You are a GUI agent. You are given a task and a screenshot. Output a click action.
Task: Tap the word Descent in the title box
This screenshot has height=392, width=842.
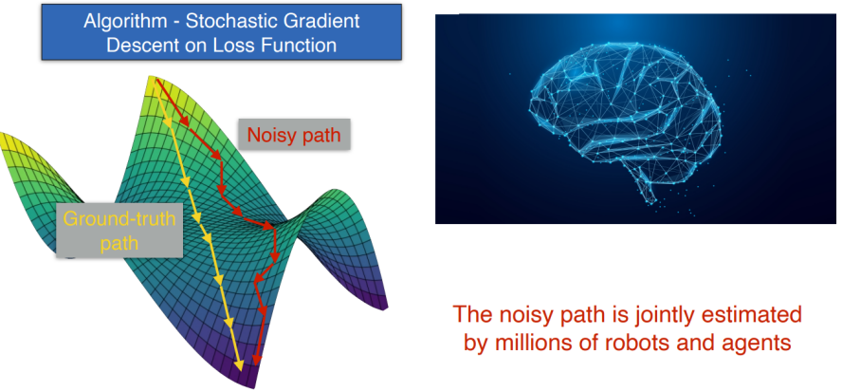point(137,46)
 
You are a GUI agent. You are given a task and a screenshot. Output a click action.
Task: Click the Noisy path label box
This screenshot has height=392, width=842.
point(294,135)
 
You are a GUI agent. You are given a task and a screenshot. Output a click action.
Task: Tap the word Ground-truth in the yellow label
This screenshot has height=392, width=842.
point(119,219)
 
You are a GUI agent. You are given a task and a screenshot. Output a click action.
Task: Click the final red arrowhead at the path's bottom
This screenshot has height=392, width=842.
point(257,359)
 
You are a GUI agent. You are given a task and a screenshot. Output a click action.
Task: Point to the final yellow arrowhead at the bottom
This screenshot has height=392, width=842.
point(240,364)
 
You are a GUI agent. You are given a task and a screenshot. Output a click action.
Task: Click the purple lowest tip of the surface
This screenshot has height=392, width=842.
point(249,385)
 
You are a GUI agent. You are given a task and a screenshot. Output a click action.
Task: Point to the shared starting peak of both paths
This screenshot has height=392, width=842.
point(155,79)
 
